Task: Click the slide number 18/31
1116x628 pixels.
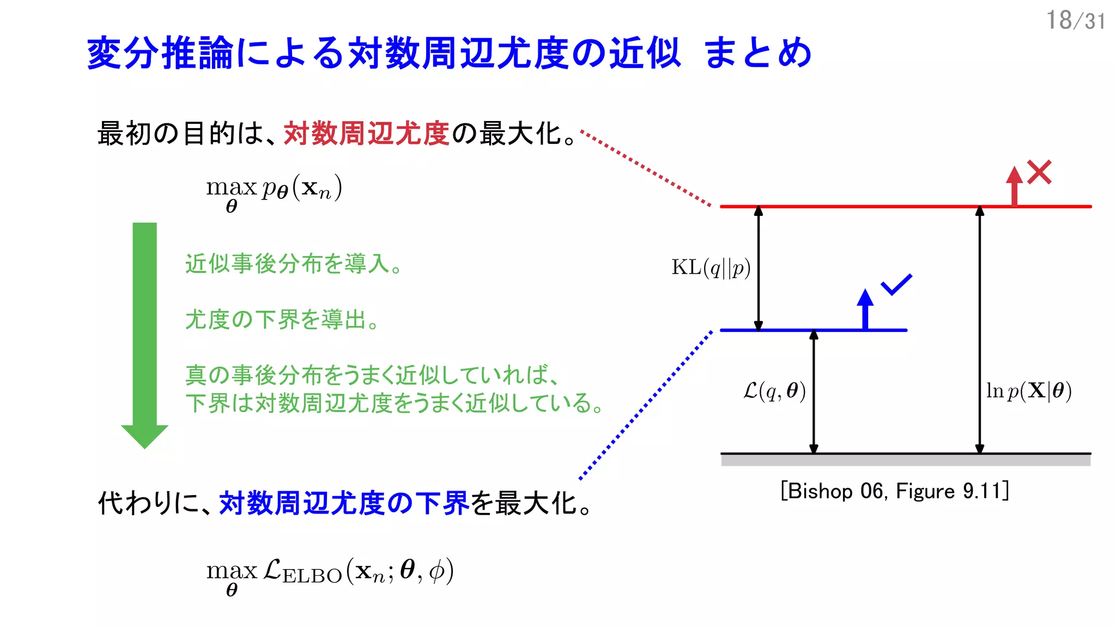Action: click(x=1075, y=21)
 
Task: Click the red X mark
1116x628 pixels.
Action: click(x=1039, y=172)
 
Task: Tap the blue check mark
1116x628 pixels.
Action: click(x=896, y=284)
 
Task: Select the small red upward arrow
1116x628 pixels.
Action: click(x=1014, y=185)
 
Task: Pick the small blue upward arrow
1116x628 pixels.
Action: click(x=865, y=309)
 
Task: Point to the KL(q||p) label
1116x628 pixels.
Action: click(x=711, y=268)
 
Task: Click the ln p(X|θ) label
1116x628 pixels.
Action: click(x=1028, y=391)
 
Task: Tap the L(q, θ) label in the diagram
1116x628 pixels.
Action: click(x=774, y=391)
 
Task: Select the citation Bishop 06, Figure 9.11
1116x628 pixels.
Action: click(x=894, y=491)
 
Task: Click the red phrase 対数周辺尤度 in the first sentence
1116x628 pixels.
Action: click(x=366, y=134)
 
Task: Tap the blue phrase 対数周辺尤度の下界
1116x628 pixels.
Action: click(x=344, y=503)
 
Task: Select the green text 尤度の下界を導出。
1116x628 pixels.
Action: click(x=282, y=319)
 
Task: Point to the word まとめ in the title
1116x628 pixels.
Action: click(x=757, y=53)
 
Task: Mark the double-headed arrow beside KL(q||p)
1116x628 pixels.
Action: click(x=758, y=268)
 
